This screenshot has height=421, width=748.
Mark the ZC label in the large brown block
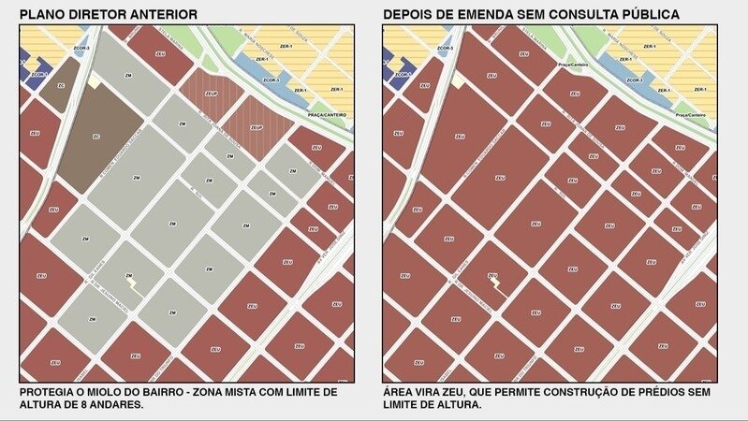[x=95, y=136]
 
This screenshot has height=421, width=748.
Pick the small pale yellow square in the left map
[x=95, y=82]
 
